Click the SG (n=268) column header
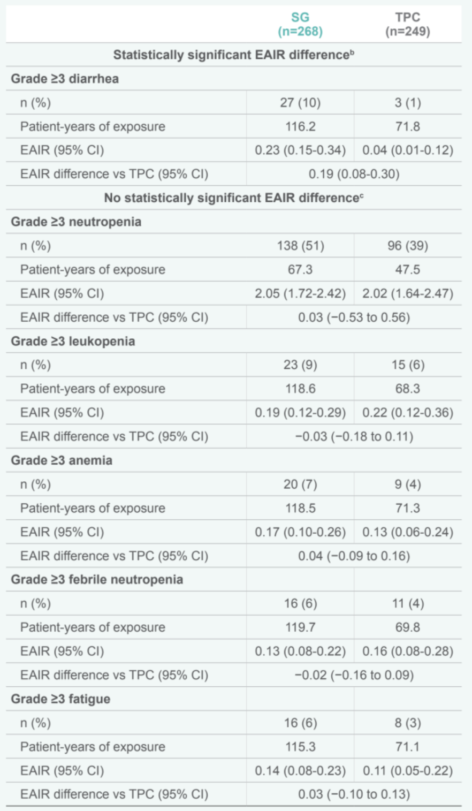(x=300, y=25)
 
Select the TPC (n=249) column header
(x=407, y=25)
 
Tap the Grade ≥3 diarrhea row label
(x=65, y=79)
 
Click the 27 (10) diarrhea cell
(x=300, y=102)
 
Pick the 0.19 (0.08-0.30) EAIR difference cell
(x=354, y=174)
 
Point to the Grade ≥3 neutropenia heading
(x=76, y=222)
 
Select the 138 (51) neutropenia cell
(x=300, y=246)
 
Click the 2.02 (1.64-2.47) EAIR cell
(x=407, y=293)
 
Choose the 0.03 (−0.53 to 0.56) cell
(x=354, y=317)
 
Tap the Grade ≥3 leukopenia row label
(x=73, y=341)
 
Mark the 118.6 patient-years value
(x=300, y=389)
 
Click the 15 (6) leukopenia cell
(x=407, y=365)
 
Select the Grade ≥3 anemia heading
(x=62, y=460)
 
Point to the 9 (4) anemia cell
(x=407, y=484)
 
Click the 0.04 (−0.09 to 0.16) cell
(x=354, y=556)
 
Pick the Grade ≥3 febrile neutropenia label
(x=97, y=579)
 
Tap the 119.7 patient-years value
(x=300, y=627)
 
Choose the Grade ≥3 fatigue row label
(x=60, y=699)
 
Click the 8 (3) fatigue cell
(x=407, y=723)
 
